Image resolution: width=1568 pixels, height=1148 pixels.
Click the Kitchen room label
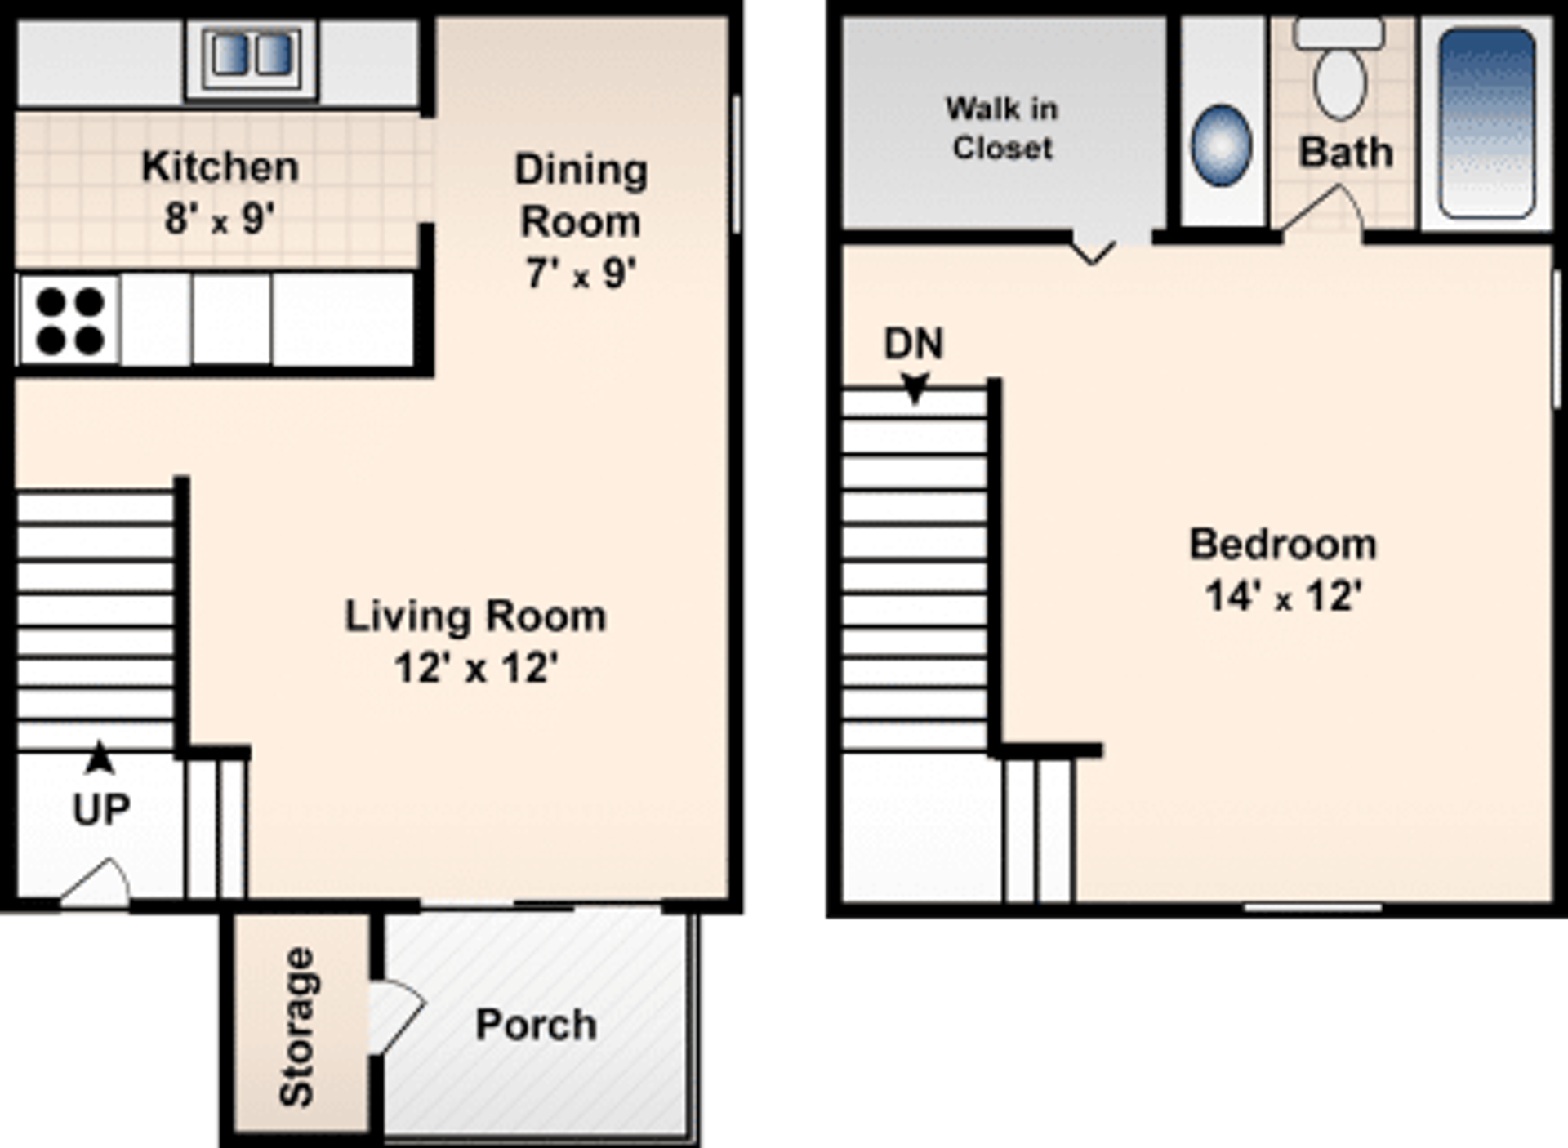click(220, 167)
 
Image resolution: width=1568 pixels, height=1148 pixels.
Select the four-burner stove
click(69, 321)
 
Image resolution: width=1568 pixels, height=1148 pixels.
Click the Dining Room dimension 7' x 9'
click(581, 274)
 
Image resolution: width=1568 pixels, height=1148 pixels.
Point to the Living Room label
click(475, 616)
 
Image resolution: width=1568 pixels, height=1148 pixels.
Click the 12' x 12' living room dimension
click(476, 668)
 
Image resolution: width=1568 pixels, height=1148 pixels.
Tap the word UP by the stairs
click(101, 809)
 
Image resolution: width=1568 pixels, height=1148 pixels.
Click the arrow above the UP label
click(100, 757)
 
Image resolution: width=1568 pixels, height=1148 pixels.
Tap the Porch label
click(536, 1025)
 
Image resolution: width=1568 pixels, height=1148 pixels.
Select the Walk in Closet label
click(1002, 128)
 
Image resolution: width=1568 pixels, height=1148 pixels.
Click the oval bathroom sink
click(1221, 145)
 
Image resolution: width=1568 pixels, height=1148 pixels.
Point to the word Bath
click(1346, 153)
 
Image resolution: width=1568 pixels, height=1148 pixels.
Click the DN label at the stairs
click(913, 344)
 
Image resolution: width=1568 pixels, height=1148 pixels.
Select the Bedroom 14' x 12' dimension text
click(1283, 596)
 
